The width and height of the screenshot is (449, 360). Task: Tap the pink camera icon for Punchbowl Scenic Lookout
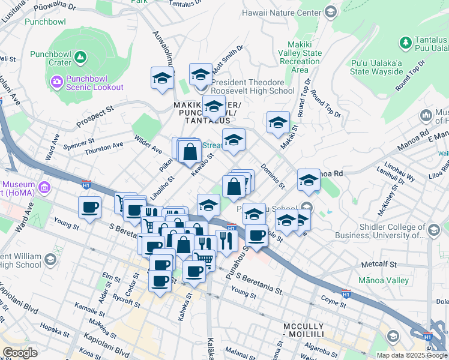click(x=57, y=81)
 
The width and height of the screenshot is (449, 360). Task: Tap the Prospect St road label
click(x=95, y=118)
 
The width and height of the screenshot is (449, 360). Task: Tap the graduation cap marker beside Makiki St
click(x=278, y=122)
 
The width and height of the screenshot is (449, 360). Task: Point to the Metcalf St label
click(x=379, y=264)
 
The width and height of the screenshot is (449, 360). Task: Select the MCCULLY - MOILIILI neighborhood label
click(x=303, y=330)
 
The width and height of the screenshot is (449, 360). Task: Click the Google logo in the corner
click(x=19, y=353)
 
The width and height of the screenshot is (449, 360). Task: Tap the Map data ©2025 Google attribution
click(x=411, y=355)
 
